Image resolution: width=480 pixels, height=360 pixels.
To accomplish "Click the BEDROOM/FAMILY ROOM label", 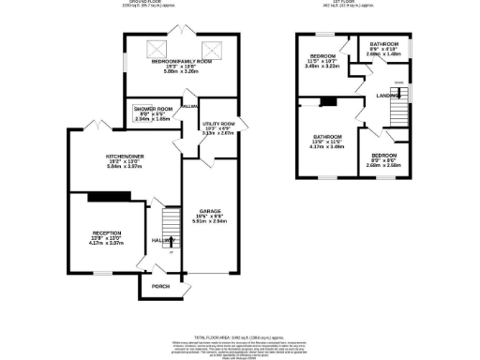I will click(x=182, y=61).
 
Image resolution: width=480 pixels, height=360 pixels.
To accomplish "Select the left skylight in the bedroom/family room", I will click(x=158, y=49).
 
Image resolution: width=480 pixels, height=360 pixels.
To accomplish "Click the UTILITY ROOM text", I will click(x=217, y=123).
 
